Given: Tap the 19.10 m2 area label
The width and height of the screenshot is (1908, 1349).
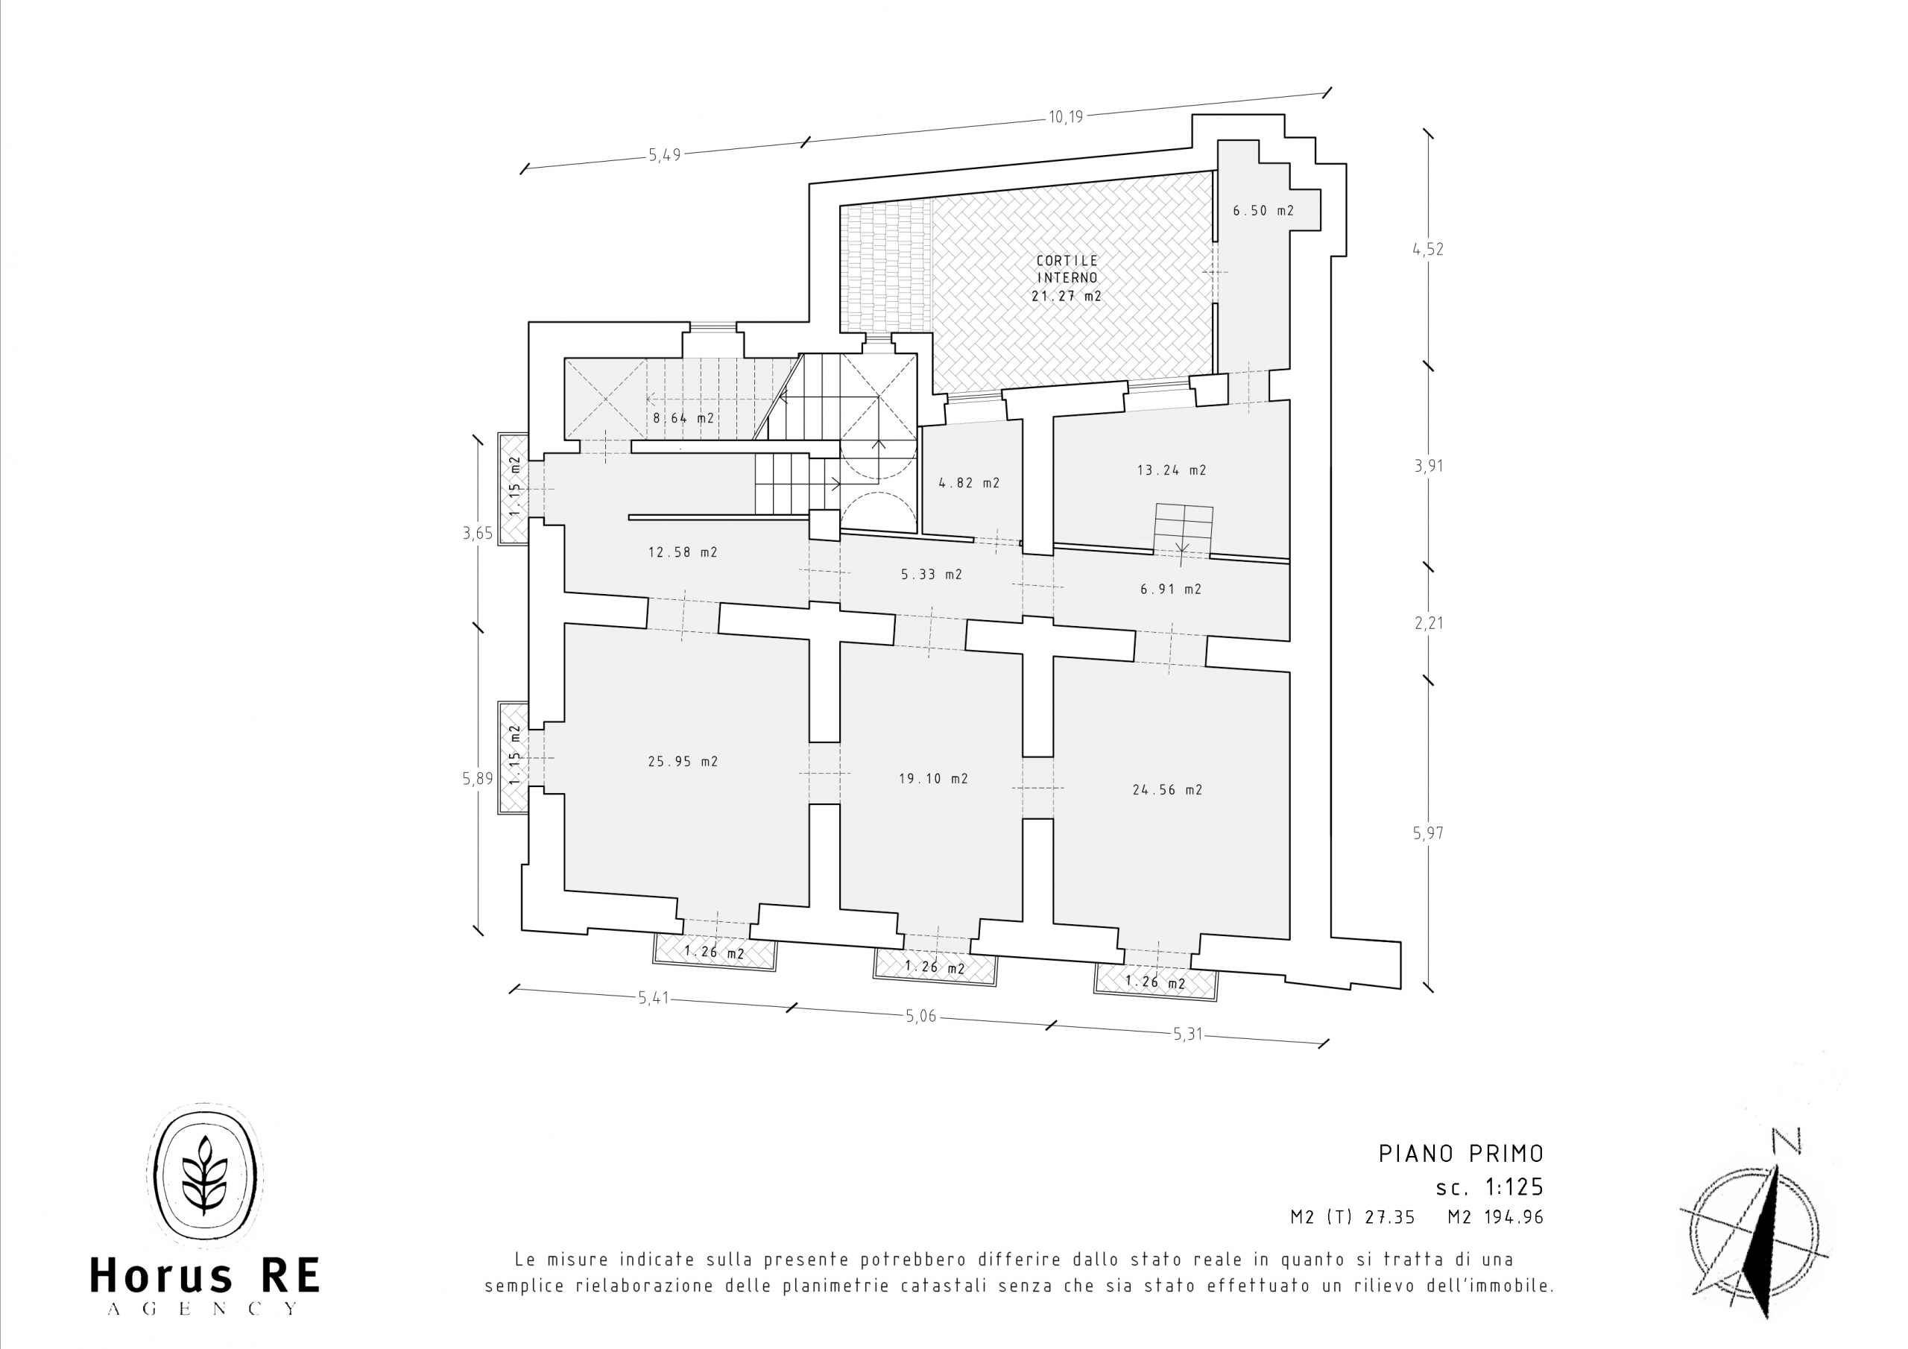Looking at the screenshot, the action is pyautogui.click(x=933, y=779).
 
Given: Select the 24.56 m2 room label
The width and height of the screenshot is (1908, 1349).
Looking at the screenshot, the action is pyautogui.click(x=1168, y=789).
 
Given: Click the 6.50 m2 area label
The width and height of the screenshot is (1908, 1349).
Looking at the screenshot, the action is pyautogui.click(x=1263, y=210).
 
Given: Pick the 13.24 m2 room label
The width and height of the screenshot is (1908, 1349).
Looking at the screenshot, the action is pyautogui.click(x=1172, y=470).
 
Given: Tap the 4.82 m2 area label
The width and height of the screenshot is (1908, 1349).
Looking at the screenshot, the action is pyautogui.click(x=969, y=482).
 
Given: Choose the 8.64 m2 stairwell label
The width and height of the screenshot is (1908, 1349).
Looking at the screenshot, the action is pyautogui.click(x=683, y=418).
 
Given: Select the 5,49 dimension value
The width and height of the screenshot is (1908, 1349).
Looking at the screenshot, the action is pyautogui.click(x=665, y=154).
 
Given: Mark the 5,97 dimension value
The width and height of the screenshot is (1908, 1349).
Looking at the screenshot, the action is pyautogui.click(x=1429, y=833).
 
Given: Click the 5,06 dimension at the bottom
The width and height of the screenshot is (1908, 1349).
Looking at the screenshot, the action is pyautogui.click(x=919, y=1016).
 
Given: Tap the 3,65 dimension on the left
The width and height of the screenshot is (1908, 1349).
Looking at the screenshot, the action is pyautogui.click(x=478, y=533).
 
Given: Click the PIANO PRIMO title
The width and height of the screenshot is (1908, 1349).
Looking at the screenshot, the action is pyautogui.click(x=1461, y=1154).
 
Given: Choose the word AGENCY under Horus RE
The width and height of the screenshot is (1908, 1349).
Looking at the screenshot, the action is pyautogui.click(x=203, y=1308).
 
